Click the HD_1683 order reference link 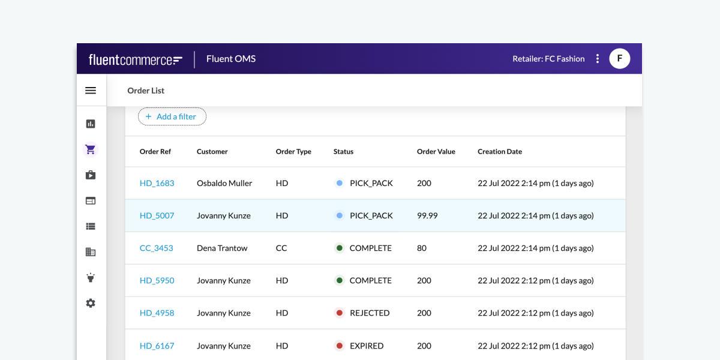pos(157,183)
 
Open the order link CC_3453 pos(156,248)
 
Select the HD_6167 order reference pos(157,346)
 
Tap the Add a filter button pos(172,116)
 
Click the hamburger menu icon pos(91,91)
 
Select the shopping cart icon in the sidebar pos(91,149)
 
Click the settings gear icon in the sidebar pos(91,304)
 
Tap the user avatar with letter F pos(619,59)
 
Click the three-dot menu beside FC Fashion pos(597,59)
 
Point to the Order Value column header pos(436,152)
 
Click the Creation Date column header pos(499,152)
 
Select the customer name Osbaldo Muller pos(224,183)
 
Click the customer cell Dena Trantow pos(222,248)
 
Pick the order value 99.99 pos(427,215)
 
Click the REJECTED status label pos(370,313)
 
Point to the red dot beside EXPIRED pos(340,346)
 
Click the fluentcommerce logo pos(136,59)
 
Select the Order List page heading pos(146,91)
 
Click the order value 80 pos(422,248)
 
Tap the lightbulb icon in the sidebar pos(91,278)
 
